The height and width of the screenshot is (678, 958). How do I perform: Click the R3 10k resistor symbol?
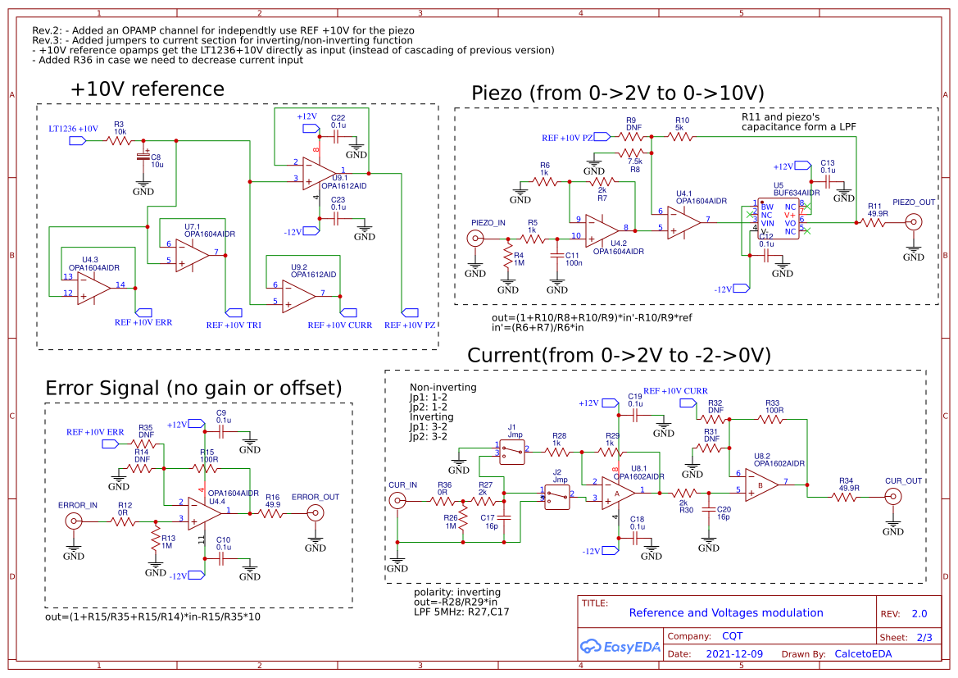point(120,141)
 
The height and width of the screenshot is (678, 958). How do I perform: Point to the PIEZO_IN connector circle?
point(474,239)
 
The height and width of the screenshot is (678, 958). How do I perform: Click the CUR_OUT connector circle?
point(892,496)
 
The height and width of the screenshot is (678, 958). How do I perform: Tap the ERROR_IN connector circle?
point(74,521)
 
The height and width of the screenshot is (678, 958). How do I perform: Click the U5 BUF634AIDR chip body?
point(778,218)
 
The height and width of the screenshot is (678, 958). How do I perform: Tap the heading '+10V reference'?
point(147,89)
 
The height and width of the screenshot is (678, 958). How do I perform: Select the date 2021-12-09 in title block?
point(733,653)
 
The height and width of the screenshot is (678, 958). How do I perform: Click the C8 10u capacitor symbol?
point(144,156)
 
